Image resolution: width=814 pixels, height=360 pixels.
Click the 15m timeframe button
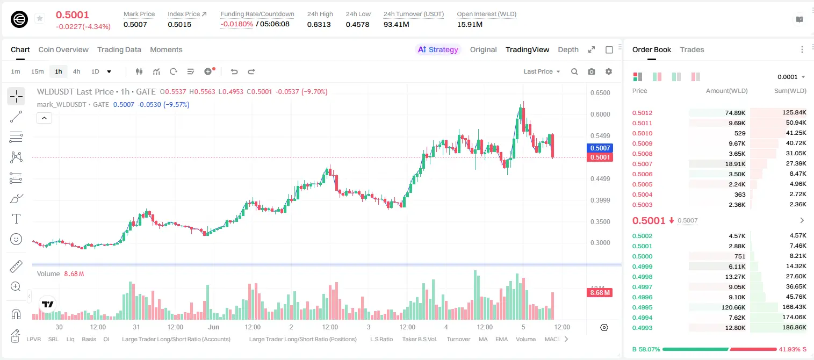click(x=37, y=71)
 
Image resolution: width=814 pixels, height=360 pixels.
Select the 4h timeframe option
click(x=76, y=71)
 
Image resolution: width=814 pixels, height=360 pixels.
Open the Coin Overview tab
click(x=63, y=49)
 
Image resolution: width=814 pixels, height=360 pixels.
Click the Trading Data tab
click(x=119, y=49)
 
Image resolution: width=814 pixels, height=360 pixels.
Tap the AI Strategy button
click(x=438, y=49)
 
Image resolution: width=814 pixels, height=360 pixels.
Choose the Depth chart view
click(x=568, y=49)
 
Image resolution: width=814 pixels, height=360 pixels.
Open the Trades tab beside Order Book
click(x=692, y=49)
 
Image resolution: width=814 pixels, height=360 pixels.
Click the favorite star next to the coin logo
click(x=40, y=18)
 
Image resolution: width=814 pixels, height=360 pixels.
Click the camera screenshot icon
click(x=592, y=71)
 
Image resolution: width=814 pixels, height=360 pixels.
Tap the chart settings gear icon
click(x=609, y=71)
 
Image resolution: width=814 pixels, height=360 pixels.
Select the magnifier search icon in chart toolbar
click(x=574, y=71)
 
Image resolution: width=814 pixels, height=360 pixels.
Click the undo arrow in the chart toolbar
click(x=234, y=71)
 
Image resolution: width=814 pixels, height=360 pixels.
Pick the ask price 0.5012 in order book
click(x=642, y=113)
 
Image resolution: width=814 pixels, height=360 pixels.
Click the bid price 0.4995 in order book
click(x=642, y=307)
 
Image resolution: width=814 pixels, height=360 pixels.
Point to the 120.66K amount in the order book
click(x=733, y=307)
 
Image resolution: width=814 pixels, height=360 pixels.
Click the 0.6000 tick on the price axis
click(x=600, y=114)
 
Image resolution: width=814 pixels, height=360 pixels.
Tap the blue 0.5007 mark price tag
click(x=600, y=148)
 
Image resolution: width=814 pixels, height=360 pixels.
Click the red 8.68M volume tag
click(x=600, y=293)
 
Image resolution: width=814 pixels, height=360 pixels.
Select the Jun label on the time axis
click(x=214, y=327)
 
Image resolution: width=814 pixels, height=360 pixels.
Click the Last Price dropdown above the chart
click(x=542, y=71)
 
